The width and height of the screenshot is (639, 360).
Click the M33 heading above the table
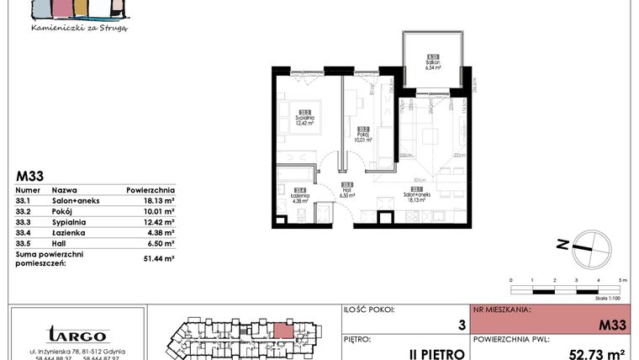coord(29,177)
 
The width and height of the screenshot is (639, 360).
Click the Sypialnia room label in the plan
coord(304,119)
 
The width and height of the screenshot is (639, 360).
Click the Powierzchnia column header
coord(151,191)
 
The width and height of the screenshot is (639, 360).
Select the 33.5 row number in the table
coord(24,243)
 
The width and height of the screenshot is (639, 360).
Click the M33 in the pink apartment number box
coord(610,324)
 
